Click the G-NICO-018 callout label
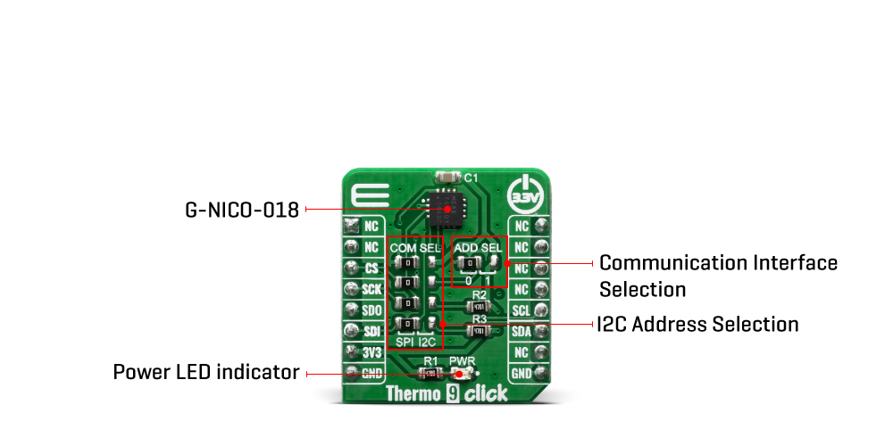coord(241,211)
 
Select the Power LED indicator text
coord(206,372)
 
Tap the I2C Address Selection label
coord(699,323)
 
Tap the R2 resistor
coord(479,305)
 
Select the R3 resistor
coord(479,332)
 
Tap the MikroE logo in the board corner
coord(369,195)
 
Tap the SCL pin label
coord(521,310)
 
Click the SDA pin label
coord(521,331)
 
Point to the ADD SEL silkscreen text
coord(479,246)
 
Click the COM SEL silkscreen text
coord(416,246)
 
